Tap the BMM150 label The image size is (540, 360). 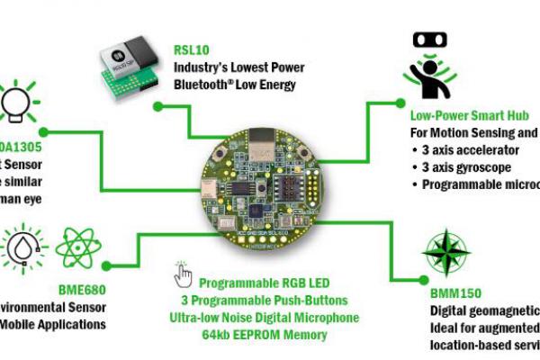[x=454, y=293]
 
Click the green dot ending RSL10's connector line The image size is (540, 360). [x=158, y=107]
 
